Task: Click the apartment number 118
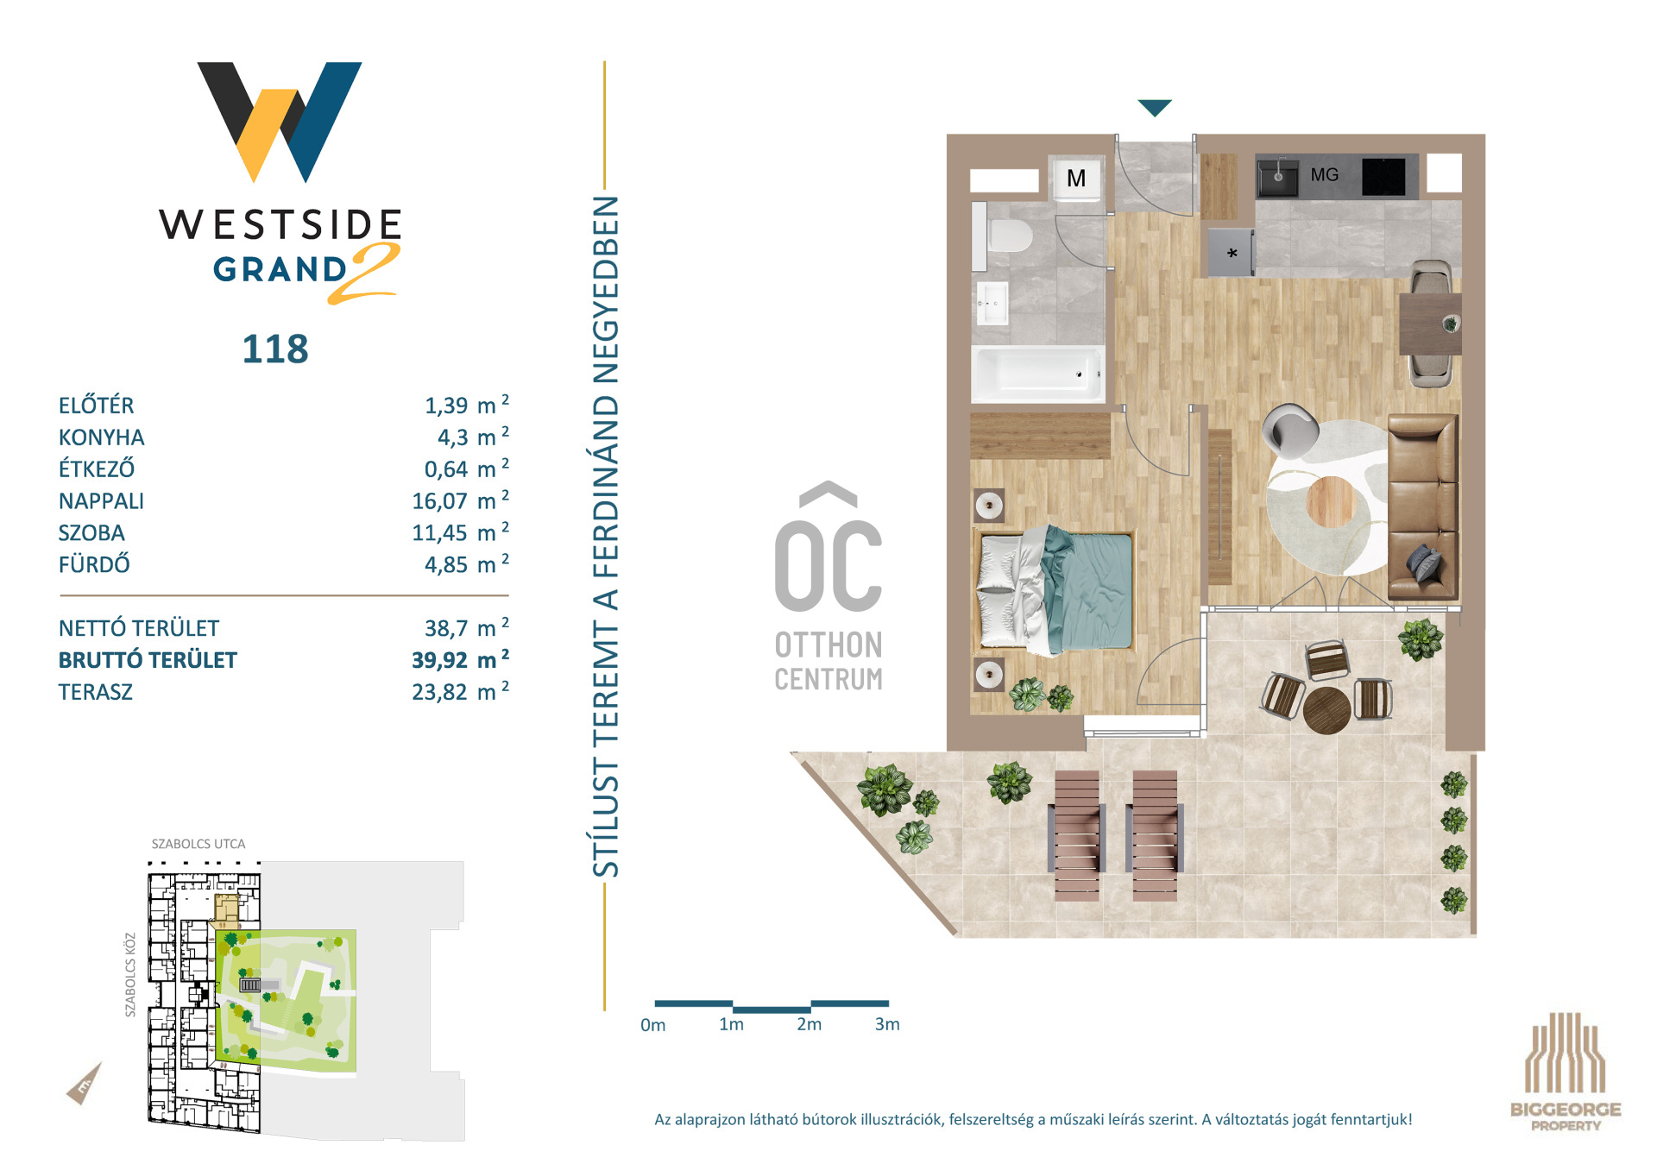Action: click(275, 349)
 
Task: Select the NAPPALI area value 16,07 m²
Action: click(460, 500)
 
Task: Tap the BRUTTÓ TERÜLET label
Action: click(148, 660)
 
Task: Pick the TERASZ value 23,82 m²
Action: click(460, 691)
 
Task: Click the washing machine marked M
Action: click(1076, 178)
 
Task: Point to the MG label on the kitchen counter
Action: click(1324, 174)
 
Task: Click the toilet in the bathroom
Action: click(1004, 236)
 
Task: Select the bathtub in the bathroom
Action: click(1038, 374)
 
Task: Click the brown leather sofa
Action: click(1422, 506)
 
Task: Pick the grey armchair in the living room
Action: click(1290, 431)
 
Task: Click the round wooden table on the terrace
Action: click(1326, 709)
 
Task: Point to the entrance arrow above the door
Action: click(1155, 108)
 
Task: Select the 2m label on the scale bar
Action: click(809, 1024)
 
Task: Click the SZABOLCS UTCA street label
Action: click(198, 844)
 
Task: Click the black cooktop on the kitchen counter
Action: click(1383, 177)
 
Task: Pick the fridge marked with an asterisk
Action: click(1231, 253)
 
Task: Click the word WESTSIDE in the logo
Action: click(280, 224)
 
